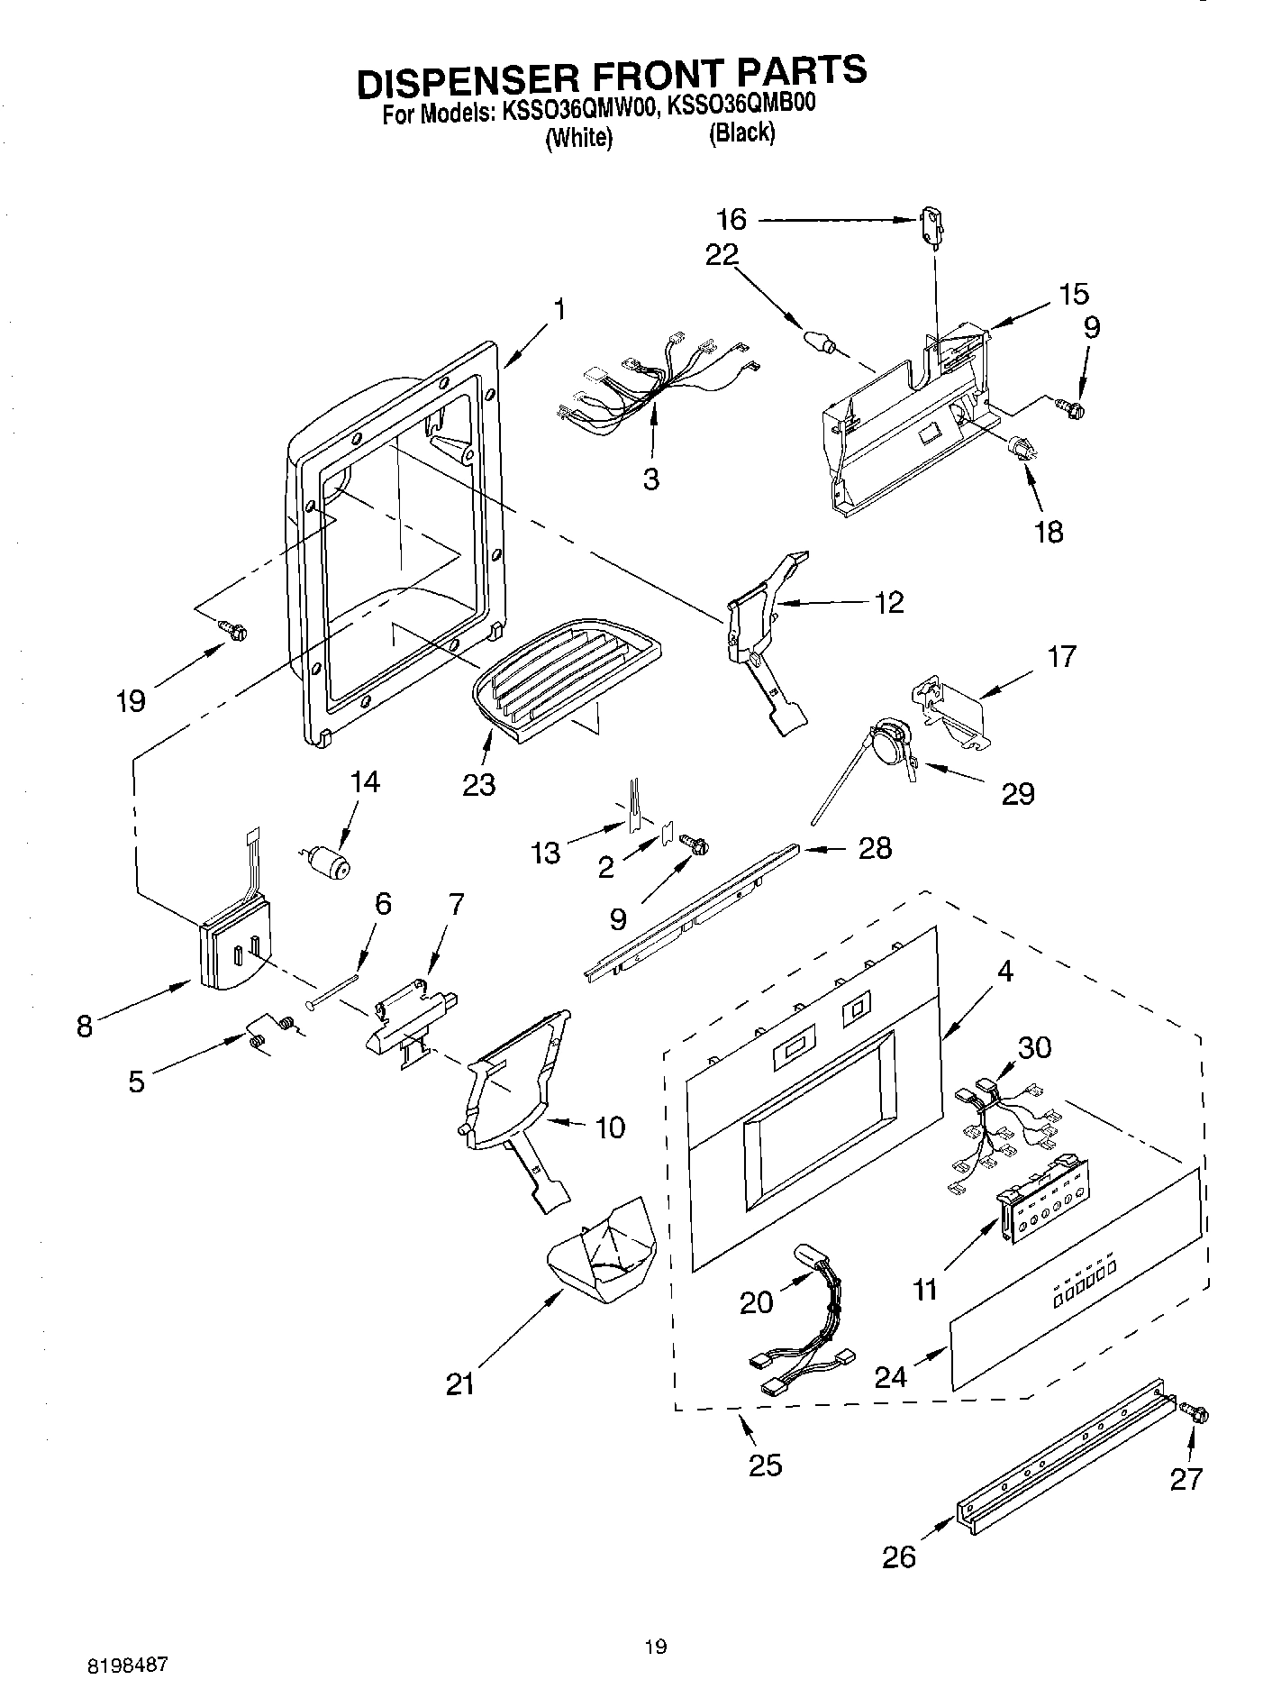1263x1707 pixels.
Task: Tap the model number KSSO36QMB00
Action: [x=740, y=105]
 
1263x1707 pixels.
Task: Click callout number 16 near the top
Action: [x=731, y=220]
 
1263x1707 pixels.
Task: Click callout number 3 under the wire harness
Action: [x=650, y=478]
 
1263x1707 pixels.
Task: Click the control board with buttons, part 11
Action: [x=1045, y=1212]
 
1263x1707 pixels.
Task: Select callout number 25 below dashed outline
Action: [x=765, y=1465]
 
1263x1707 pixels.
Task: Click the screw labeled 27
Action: [x=1196, y=1415]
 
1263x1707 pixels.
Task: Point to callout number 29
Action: [x=1018, y=794]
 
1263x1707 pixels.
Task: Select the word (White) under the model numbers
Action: [x=577, y=139]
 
